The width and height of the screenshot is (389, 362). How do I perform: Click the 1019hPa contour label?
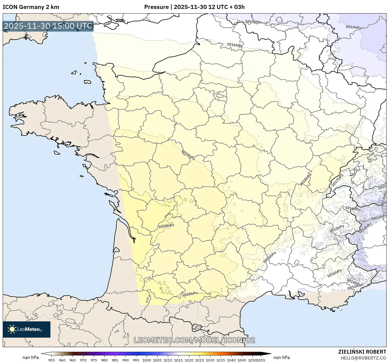[188, 155]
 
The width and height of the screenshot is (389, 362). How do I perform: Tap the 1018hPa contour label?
[306, 180]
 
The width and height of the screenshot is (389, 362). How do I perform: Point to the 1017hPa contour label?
[337, 180]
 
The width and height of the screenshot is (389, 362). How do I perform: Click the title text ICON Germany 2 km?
[31, 7]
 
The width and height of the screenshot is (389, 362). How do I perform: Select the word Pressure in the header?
[156, 7]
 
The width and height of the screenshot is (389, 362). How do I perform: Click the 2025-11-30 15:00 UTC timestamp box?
[48, 26]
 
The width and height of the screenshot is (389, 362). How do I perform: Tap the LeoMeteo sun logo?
[12, 329]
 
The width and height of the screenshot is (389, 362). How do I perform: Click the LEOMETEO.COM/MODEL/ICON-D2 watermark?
[194, 340]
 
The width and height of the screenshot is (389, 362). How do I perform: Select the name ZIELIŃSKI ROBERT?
[362, 352]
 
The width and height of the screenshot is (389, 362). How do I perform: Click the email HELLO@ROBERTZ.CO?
[363, 358]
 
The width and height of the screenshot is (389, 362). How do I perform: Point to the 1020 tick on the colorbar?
[189, 360]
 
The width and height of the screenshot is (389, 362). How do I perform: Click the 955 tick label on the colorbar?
[52, 360]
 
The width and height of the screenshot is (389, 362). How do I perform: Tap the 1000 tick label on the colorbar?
[147, 360]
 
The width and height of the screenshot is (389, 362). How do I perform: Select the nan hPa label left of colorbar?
[30, 357]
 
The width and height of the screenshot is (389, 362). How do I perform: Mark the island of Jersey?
[87, 82]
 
